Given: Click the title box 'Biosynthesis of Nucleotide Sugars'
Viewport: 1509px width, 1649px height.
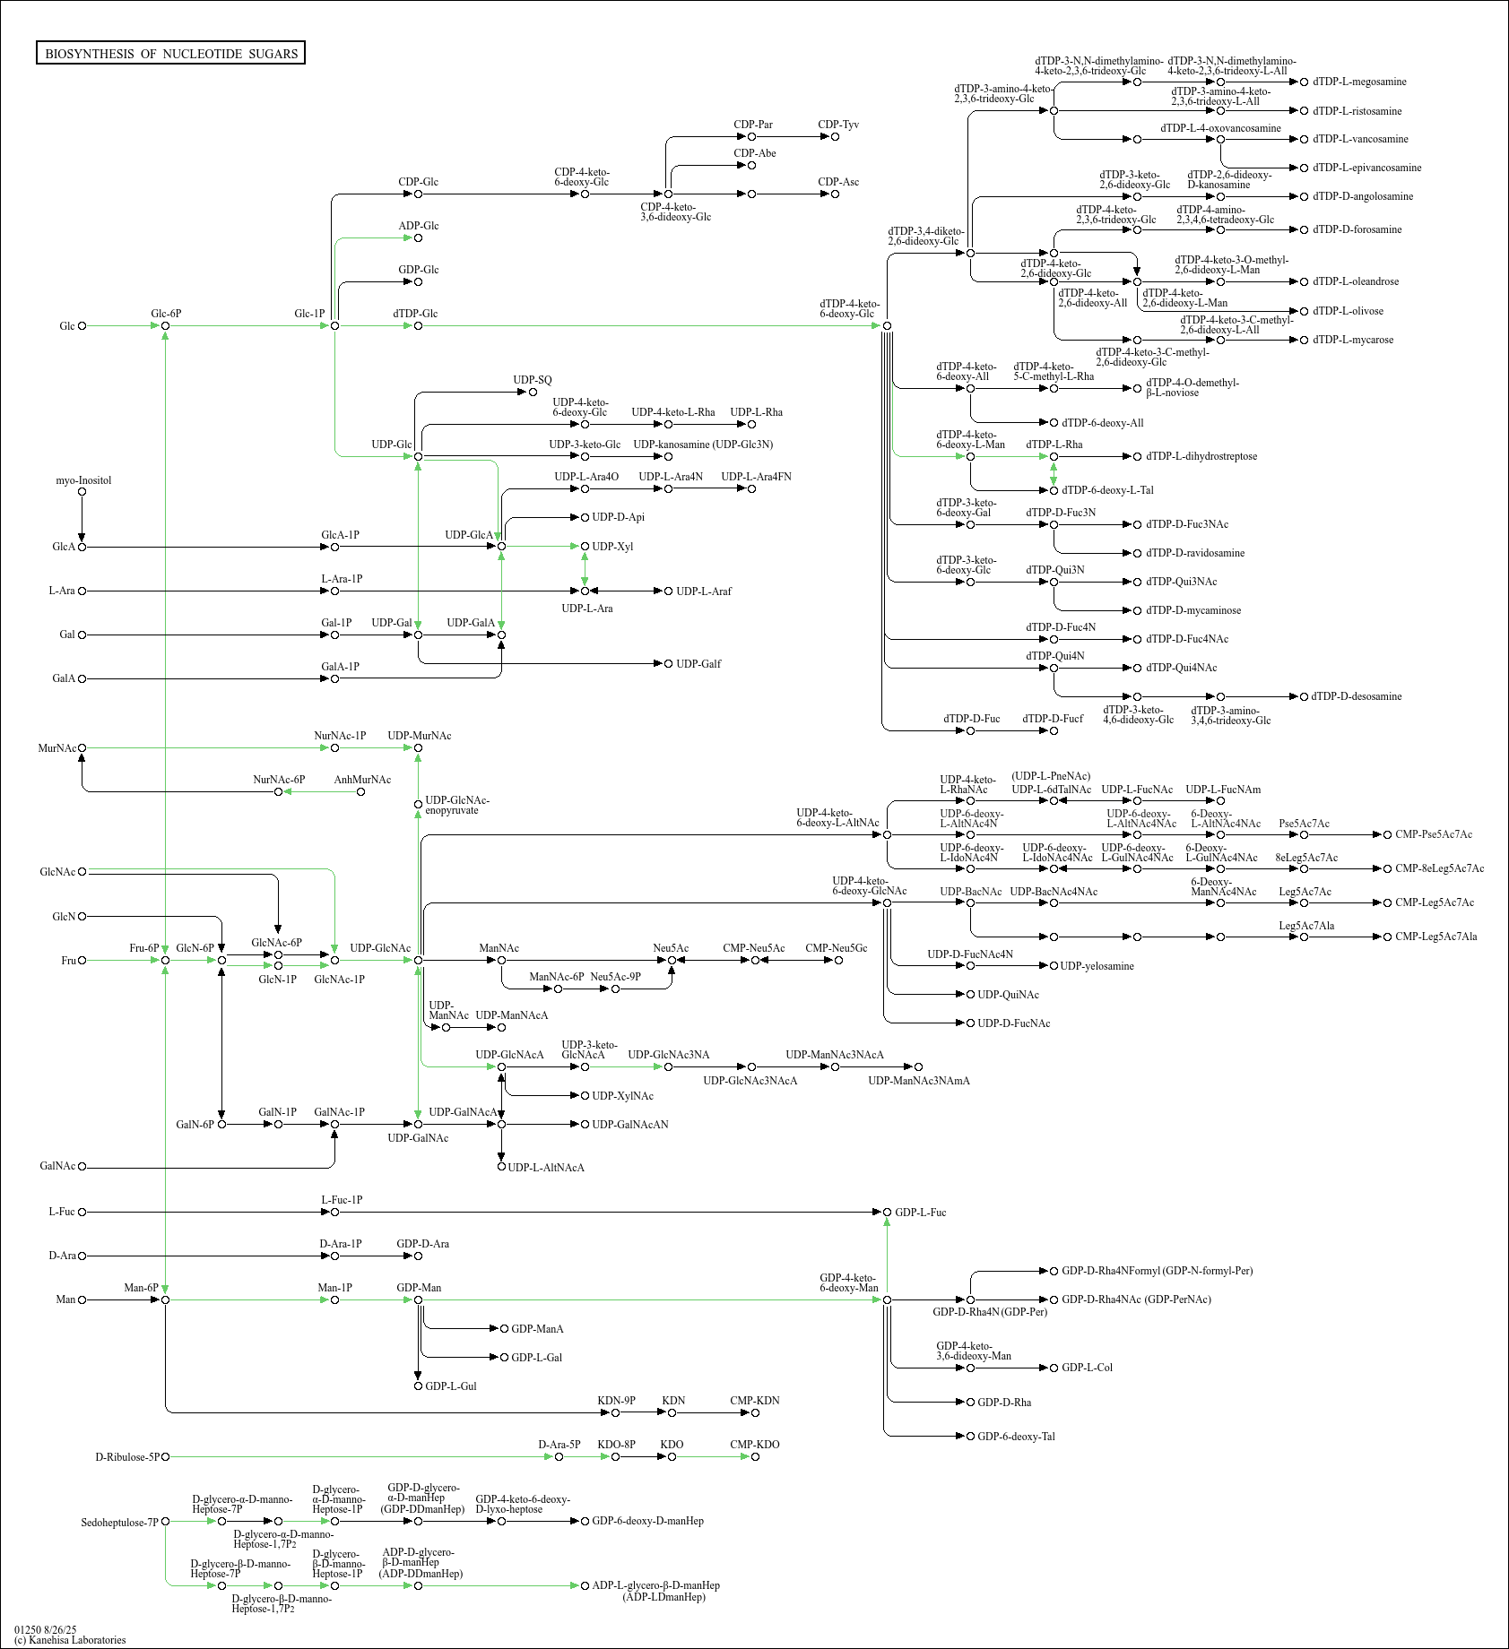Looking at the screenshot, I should coord(170,54).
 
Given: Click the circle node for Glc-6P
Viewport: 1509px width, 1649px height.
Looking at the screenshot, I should coord(165,326).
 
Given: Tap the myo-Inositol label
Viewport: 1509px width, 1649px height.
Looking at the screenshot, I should coord(83,480).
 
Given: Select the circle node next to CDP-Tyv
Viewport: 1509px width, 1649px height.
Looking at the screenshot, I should coord(835,137).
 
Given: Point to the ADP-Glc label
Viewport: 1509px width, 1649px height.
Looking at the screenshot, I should coord(418,226).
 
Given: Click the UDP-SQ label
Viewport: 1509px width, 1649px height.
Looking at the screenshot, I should coord(532,380).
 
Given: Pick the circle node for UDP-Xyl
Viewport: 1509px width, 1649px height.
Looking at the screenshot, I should coord(585,546).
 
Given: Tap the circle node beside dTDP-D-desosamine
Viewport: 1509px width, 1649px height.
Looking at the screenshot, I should coord(1304,696).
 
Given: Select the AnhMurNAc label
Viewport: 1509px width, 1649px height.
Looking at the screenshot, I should coord(362,780).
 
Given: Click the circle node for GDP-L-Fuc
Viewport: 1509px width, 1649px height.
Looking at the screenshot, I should coord(887,1213).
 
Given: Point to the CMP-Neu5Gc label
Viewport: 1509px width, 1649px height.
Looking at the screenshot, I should coord(836,948).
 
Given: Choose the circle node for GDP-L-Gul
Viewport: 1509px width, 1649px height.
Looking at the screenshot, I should coord(418,1386).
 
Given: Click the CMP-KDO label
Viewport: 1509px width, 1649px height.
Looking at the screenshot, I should coord(754,1445).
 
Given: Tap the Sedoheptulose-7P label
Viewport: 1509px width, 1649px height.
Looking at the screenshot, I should coord(119,1523).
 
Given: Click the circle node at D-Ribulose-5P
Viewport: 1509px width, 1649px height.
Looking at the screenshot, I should coord(165,1457).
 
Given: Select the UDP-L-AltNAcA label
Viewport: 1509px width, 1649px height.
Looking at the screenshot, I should coord(545,1168).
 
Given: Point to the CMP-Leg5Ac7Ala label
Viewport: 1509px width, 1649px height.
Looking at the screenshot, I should coord(1435,937).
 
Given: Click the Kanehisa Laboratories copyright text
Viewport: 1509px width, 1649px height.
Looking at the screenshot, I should coord(70,1640).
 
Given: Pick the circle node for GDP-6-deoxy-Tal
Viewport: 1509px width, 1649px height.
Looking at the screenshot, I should coord(970,1437).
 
